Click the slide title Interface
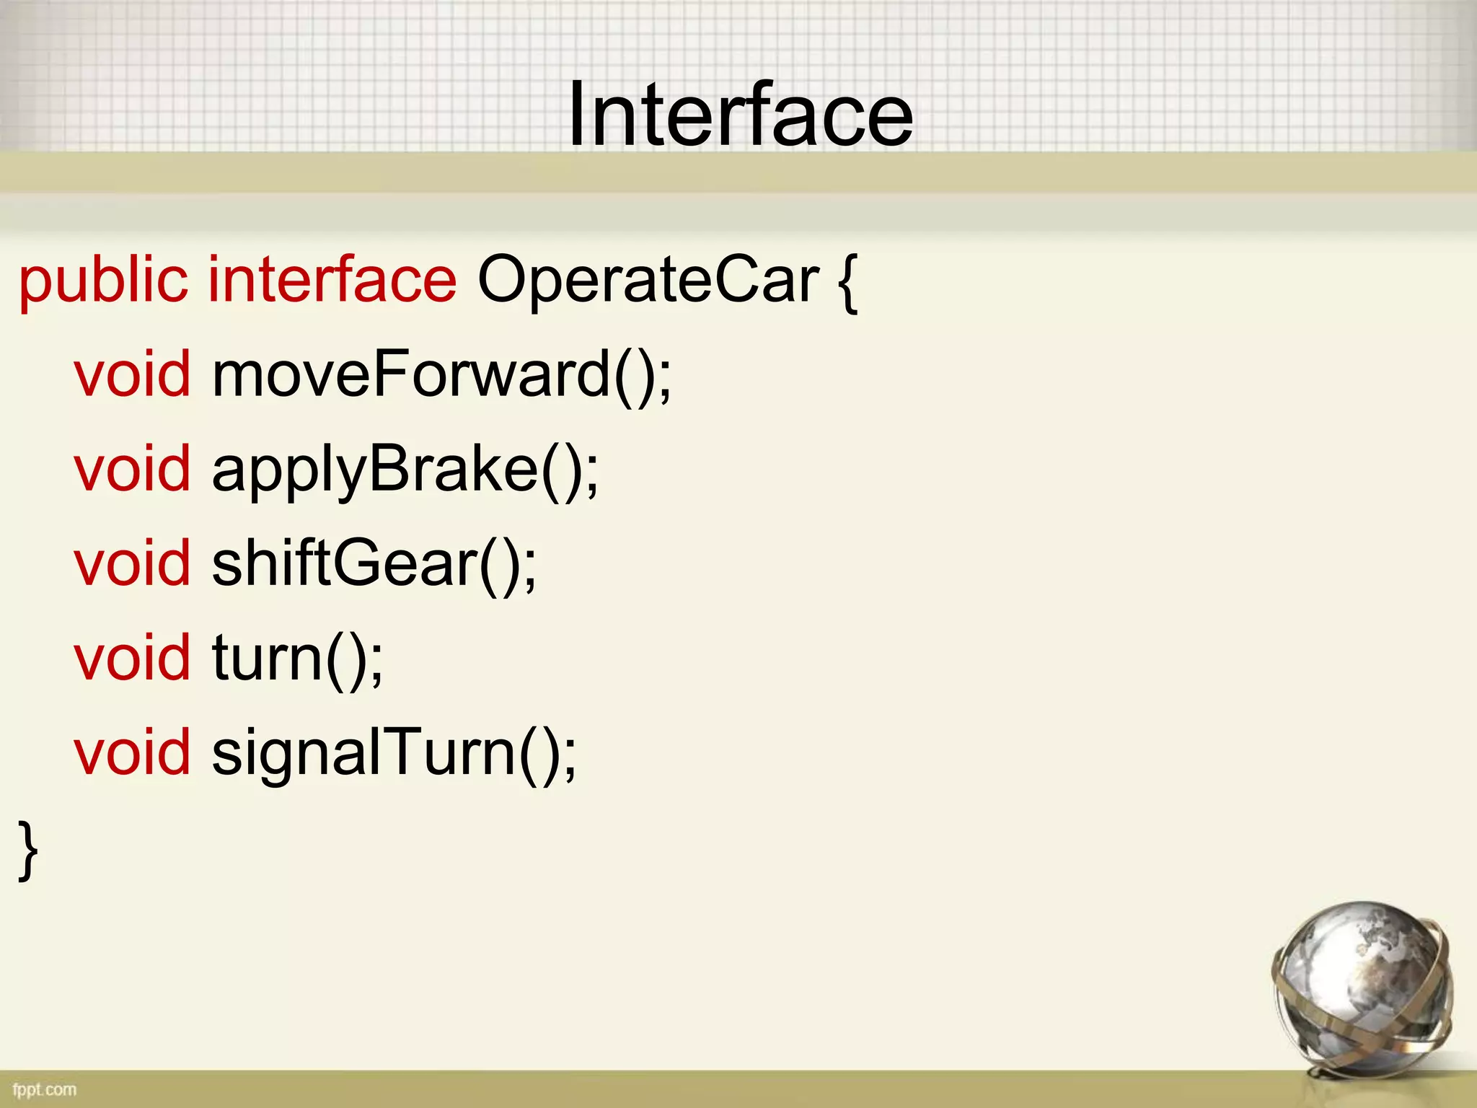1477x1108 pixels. click(740, 115)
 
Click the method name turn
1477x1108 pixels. click(267, 658)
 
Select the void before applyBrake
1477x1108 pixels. click(133, 469)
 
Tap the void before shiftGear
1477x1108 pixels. click(133, 563)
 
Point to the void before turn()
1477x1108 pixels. click(133, 658)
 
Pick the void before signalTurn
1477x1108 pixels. click(133, 752)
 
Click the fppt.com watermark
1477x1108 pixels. click(45, 1089)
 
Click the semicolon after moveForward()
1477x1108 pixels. click(665, 379)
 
